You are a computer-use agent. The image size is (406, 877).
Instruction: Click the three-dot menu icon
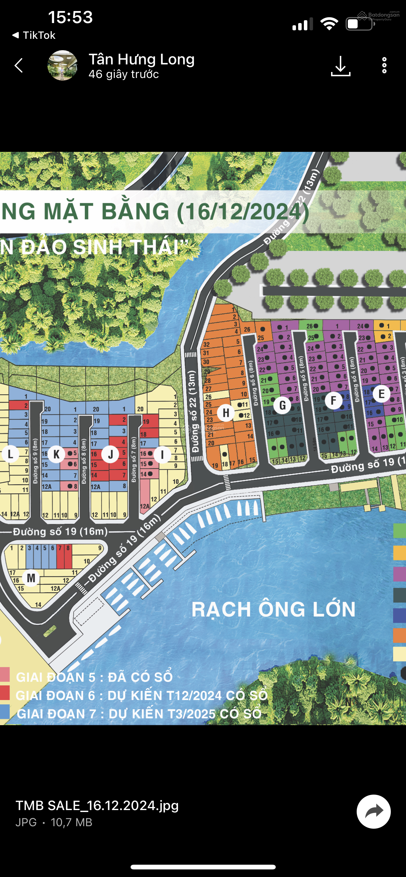coord(384,65)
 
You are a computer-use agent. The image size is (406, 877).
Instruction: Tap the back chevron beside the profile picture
coord(19,65)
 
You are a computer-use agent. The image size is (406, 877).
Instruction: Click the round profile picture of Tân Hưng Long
coord(62,65)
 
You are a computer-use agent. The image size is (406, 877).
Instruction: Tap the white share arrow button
coord(374,812)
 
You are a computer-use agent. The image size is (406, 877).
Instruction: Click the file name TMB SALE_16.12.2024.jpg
coord(97,806)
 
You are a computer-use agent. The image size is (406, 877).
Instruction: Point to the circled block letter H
coord(226,413)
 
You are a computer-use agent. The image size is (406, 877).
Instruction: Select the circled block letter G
coord(282,405)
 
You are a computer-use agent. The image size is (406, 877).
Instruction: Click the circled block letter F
coord(333,400)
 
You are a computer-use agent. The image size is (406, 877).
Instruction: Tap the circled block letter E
coord(381,394)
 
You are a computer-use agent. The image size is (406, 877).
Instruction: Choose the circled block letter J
coord(110,454)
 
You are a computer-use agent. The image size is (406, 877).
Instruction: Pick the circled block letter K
coord(57,454)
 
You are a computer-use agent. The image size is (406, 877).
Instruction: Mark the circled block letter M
coord(31,578)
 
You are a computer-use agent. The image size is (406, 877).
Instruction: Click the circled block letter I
coord(162,455)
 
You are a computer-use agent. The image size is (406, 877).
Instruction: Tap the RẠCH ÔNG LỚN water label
coord(274,609)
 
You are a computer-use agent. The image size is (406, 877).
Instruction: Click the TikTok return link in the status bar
coord(34,35)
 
